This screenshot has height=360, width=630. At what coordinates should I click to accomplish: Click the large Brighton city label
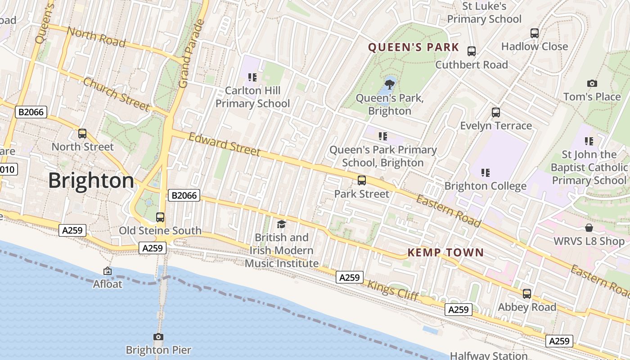(91, 181)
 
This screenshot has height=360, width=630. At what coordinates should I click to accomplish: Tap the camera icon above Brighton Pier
(158, 337)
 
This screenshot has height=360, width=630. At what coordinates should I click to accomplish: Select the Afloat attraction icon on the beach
(108, 271)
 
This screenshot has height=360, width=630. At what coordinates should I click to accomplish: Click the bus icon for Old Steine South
(160, 217)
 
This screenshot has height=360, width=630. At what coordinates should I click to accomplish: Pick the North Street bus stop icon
(82, 133)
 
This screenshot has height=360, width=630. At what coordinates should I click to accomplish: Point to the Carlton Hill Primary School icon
(252, 77)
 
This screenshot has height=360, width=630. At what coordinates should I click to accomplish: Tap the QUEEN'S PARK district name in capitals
(414, 47)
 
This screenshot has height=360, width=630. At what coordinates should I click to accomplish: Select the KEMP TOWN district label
(445, 252)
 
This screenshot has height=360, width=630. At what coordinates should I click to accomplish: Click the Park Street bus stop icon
(361, 180)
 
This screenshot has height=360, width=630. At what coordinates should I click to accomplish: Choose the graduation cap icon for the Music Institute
(281, 224)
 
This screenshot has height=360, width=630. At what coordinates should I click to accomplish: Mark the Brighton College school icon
(485, 172)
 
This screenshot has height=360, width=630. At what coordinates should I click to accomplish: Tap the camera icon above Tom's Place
(592, 83)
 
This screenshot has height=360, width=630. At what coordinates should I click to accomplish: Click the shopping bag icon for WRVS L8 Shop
(589, 228)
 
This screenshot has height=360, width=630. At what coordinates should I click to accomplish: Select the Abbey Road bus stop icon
(526, 294)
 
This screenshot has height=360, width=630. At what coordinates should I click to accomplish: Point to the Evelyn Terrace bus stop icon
(495, 112)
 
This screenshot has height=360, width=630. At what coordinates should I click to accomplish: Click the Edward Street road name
(224, 144)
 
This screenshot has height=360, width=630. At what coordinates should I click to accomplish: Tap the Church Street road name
(116, 94)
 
